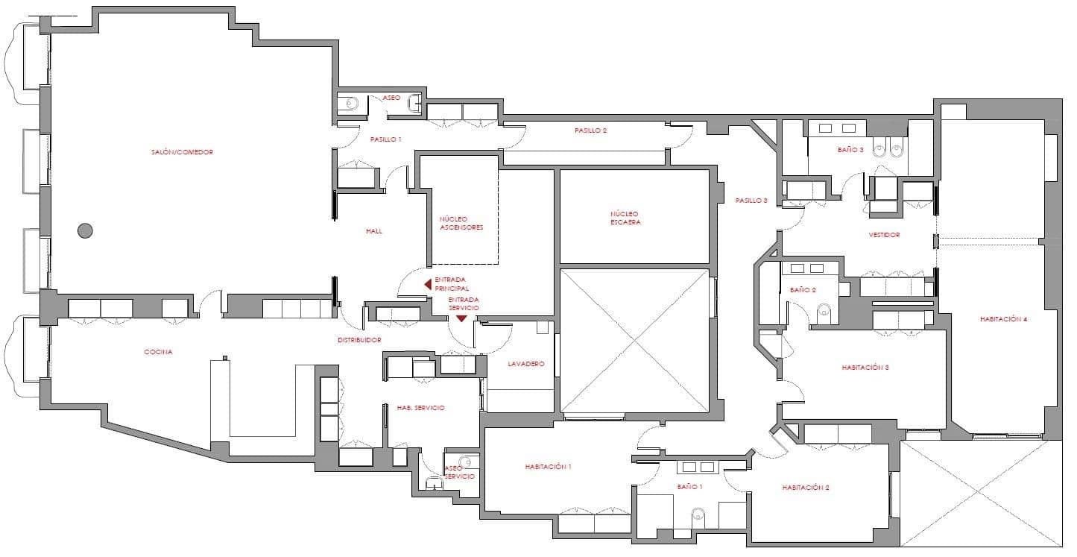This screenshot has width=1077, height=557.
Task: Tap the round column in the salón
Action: click(x=86, y=231)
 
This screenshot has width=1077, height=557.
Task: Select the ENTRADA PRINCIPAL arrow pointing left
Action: click(x=428, y=284)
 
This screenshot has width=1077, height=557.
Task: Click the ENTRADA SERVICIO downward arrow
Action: click(x=461, y=318)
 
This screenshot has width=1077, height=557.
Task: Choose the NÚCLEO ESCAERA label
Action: click(x=625, y=218)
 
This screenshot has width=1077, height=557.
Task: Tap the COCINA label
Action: click(x=158, y=352)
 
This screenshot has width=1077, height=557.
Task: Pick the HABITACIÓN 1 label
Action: click(x=548, y=467)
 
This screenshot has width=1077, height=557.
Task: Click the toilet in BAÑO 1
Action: click(x=698, y=514)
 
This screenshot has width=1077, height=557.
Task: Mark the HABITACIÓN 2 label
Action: click(x=806, y=488)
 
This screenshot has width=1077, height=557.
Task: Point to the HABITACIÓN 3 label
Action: click(x=865, y=368)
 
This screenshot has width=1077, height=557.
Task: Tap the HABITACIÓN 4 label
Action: click(x=1004, y=319)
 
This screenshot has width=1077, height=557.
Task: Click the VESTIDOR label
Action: click(x=885, y=235)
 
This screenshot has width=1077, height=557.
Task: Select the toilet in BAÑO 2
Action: click(x=824, y=312)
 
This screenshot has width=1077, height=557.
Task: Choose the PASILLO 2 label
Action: click(x=590, y=130)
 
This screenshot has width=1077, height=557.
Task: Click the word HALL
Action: click(x=374, y=231)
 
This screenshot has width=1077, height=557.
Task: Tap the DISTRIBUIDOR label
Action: click(x=360, y=340)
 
